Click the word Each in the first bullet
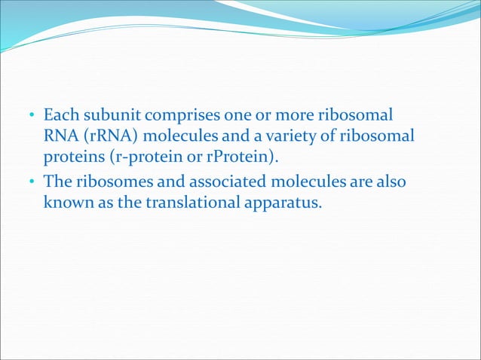(58, 117)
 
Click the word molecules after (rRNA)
(166, 137)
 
